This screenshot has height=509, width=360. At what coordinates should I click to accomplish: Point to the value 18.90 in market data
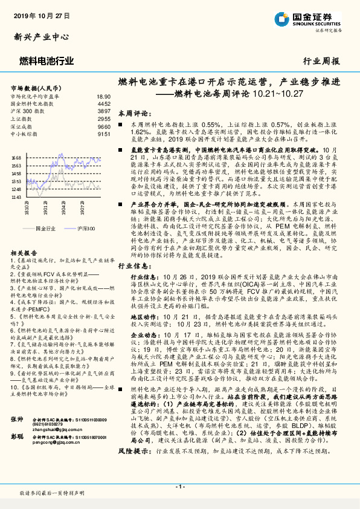[103, 96]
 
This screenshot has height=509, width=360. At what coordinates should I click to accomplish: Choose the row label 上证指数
[24, 119]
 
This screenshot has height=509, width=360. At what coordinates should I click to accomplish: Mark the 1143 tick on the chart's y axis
[16, 196]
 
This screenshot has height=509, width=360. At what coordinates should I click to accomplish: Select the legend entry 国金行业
[45, 229]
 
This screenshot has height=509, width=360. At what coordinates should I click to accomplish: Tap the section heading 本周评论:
[133, 113]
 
